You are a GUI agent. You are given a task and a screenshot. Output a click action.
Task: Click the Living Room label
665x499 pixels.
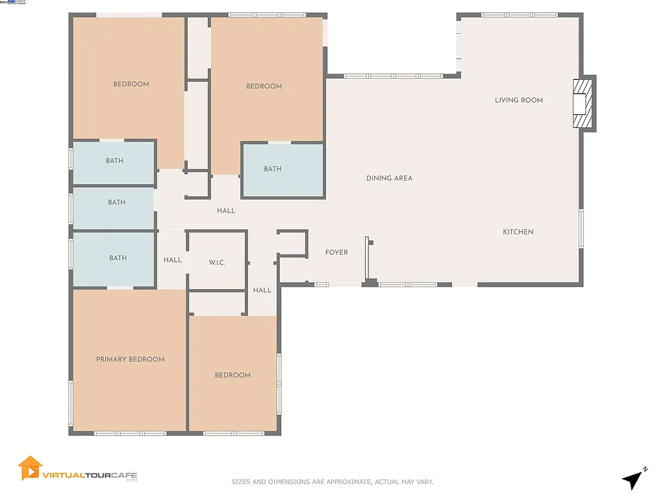pos(518,100)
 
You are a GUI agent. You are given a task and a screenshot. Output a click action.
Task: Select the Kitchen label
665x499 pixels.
pos(518,232)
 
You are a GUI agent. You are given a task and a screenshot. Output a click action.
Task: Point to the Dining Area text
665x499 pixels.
pos(389,178)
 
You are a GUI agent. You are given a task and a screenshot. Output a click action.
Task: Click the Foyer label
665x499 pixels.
pos(336,252)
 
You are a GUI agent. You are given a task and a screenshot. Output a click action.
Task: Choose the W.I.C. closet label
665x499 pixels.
pos(217,262)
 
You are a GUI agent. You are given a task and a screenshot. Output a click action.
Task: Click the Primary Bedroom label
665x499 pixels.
pos(130,359)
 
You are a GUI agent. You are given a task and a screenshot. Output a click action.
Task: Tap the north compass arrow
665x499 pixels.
pos(633,480)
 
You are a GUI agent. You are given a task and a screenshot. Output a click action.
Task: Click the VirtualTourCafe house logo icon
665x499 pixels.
pos(29,468)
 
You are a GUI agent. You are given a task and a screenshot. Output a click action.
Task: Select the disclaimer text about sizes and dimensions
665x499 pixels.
pos(332,482)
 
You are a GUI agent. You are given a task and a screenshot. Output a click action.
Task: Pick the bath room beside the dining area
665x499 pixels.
pos(273,169)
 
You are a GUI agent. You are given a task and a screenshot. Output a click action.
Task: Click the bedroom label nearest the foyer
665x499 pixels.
pos(232,375)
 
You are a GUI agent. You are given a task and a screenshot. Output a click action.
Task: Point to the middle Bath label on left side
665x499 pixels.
pos(117,202)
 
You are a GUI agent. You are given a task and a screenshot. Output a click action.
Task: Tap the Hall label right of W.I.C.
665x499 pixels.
pos(262,290)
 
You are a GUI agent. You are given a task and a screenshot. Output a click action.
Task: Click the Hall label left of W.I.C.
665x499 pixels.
pos(172,260)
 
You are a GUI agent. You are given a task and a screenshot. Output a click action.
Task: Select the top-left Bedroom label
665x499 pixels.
pos(131,84)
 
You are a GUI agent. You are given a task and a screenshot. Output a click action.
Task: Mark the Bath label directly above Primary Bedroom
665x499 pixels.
pos(118,258)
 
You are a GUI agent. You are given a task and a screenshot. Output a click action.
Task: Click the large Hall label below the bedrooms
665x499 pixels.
pos(226,211)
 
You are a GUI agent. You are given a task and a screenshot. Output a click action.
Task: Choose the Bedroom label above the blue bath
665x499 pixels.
pos(264,86)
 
